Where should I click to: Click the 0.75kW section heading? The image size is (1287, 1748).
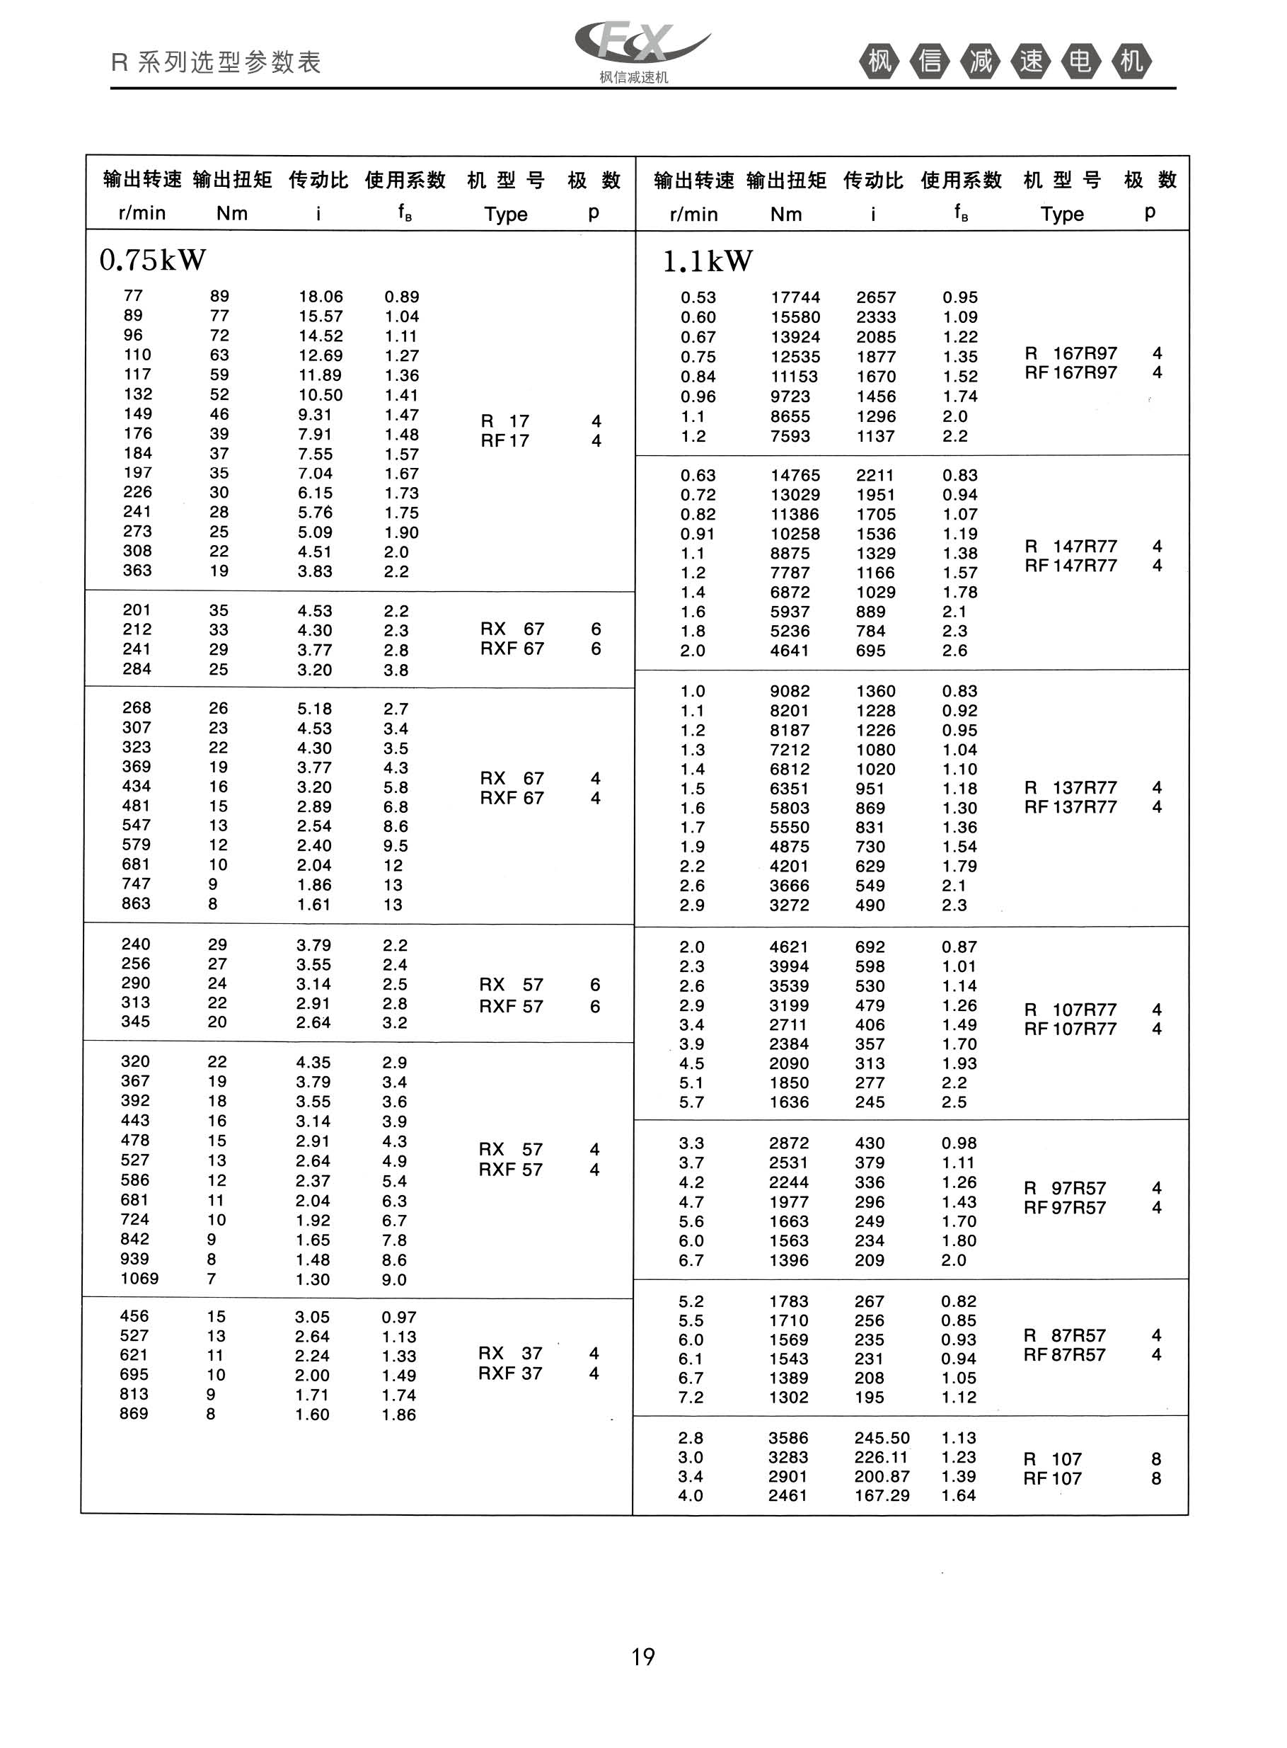[153, 261]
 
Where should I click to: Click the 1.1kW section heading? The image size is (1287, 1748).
[708, 262]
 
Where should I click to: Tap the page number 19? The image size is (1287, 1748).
[642, 1657]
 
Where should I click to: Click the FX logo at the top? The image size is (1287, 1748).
[640, 45]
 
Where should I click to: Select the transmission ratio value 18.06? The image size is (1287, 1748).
[321, 297]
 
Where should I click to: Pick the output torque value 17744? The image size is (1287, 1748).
[795, 297]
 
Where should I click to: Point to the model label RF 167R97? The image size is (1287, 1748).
[1070, 372]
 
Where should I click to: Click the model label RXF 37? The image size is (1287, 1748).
[510, 1373]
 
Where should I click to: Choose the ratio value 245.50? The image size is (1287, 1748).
[882, 1438]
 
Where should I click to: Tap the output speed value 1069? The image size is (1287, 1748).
[139, 1278]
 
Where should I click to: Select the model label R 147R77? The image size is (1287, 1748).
[1070, 547]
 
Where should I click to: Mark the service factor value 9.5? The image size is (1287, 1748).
[395, 845]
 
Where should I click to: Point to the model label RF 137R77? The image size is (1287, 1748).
[1070, 806]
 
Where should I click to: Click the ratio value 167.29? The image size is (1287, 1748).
[882, 1495]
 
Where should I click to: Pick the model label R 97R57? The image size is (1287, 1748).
[1065, 1189]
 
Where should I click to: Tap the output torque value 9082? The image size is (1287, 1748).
[790, 691]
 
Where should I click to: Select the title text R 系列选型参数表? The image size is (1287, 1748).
[216, 62]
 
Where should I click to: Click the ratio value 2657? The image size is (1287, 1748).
[877, 297]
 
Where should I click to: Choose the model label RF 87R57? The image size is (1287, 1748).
[1065, 1355]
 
